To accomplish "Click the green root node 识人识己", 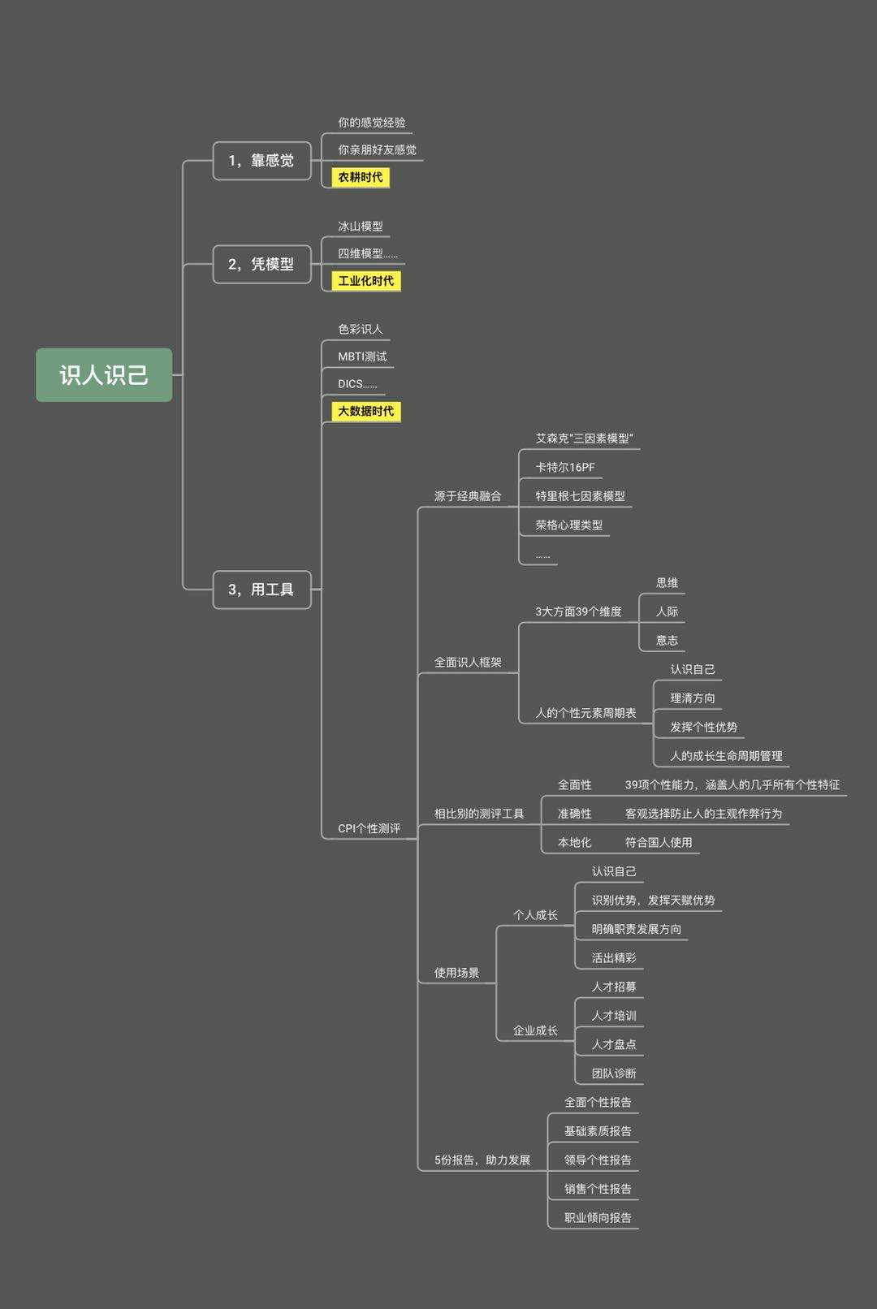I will tap(104, 374).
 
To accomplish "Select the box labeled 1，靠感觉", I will tap(261, 161).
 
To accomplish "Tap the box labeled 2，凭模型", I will tap(261, 264).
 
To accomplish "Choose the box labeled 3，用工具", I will tap(261, 590).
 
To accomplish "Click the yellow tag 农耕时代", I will tap(361, 177).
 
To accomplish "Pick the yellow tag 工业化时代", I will tap(366, 281).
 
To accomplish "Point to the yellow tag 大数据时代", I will tap(366, 411).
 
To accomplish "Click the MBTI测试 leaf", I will tap(362, 356).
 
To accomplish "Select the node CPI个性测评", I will tap(369, 828).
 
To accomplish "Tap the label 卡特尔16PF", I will tap(565, 467).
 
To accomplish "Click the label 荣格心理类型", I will tap(569, 525).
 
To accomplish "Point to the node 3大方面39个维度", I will tap(578, 611).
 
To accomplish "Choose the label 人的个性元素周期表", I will tap(585, 713).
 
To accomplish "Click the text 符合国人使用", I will tap(659, 842).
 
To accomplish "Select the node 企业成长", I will tap(535, 1030).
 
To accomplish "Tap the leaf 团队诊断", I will tap(614, 1073).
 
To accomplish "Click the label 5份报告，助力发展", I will tap(482, 1160).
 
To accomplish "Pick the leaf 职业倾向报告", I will tap(598, 1217).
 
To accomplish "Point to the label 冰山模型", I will tap(361, 226).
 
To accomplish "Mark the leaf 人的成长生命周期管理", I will tap(726, 755).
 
